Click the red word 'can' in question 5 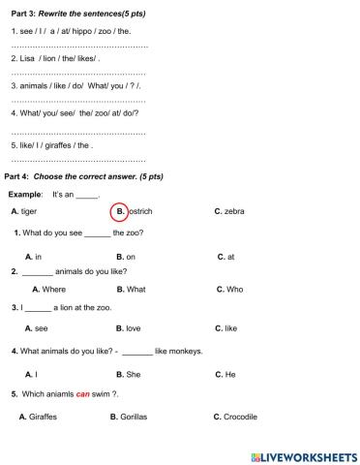83,394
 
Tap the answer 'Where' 54,289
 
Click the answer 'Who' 234,289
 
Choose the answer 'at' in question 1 230,257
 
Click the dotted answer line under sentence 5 77,160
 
